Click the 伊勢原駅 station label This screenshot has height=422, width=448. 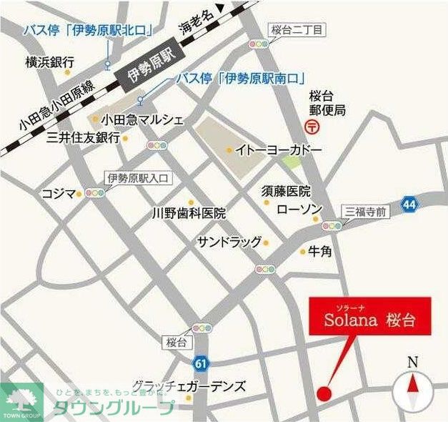click(151, 69)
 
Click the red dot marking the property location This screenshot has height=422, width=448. click(324, 393)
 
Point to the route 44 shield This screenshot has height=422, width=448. click(409, 204)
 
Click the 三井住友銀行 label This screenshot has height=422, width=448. click(82, 137)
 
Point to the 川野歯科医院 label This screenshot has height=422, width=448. click(189, 213)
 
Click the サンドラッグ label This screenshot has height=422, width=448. click(230, 242)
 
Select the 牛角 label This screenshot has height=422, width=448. click(320, 252)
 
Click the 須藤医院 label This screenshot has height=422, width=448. click(286, 191)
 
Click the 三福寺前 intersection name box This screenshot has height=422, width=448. click(366, 211)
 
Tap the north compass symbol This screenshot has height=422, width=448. click(415, 387)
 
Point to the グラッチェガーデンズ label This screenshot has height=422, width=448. click(189, 386)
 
